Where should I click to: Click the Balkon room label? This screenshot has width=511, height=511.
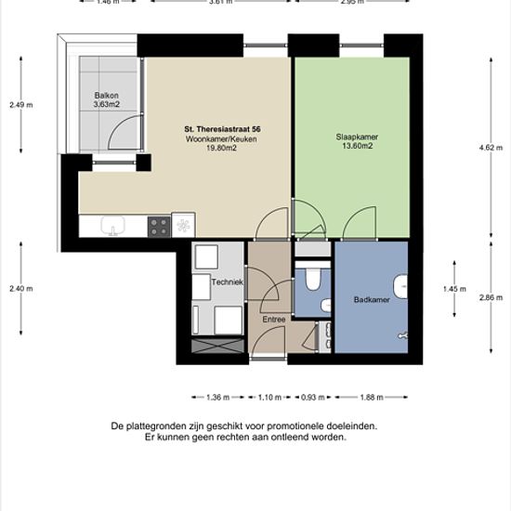(106, 96)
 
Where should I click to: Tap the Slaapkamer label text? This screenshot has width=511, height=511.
(357, 137)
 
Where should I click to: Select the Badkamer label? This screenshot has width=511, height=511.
(372, 299)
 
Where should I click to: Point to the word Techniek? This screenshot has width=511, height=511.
(227, 282)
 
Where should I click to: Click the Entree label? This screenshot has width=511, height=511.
(274, 320)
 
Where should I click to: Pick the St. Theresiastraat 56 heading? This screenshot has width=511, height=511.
(222, 129)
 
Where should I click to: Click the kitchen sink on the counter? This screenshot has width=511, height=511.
(112, 226)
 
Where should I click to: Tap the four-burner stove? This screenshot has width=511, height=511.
(159, 227)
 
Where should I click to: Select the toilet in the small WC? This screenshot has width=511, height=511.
(312, 279)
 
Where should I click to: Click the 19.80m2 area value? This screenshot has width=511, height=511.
(222, 148)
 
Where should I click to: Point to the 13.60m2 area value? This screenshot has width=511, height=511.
(357, 146)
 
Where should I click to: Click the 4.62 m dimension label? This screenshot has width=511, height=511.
(491, 148)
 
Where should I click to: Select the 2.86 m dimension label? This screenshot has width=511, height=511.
(491, 297)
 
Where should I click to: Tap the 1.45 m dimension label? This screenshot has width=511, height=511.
(454, 289)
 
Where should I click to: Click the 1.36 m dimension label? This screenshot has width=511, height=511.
(217, 398)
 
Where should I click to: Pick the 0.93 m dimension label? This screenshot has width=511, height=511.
(312, 398)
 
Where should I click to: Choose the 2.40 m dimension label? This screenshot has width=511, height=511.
(20, 288)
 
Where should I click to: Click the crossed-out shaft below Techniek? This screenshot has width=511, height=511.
(217, 346)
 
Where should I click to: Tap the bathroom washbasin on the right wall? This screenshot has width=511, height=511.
(400, 287)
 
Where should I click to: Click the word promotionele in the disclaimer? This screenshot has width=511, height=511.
(296, 426)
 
